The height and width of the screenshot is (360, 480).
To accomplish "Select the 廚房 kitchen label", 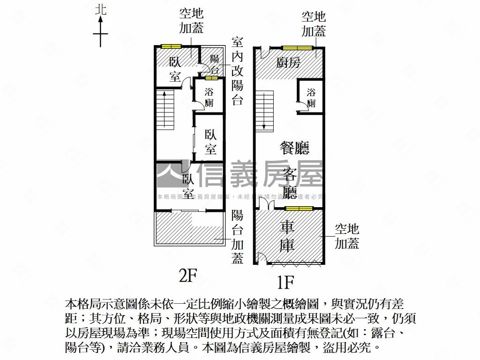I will (288, 63).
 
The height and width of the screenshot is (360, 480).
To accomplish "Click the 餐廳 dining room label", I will (294, 149).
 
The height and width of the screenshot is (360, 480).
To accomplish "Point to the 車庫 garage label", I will (287, 236).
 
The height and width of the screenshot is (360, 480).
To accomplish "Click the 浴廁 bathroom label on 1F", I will (311, 98).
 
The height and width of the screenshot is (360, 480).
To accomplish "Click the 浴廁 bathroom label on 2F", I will (209, 97).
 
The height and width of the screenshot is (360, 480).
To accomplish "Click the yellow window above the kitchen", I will (297, 47).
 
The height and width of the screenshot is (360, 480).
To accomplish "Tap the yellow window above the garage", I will (299, 208).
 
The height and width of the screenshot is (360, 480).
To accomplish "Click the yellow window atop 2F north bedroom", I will (171, 46).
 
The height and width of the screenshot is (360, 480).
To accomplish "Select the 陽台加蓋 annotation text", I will (238, 237).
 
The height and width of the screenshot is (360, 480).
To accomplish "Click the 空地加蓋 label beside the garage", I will (347, 236).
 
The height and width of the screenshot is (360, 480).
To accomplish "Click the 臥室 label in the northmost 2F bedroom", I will (175, 69).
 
